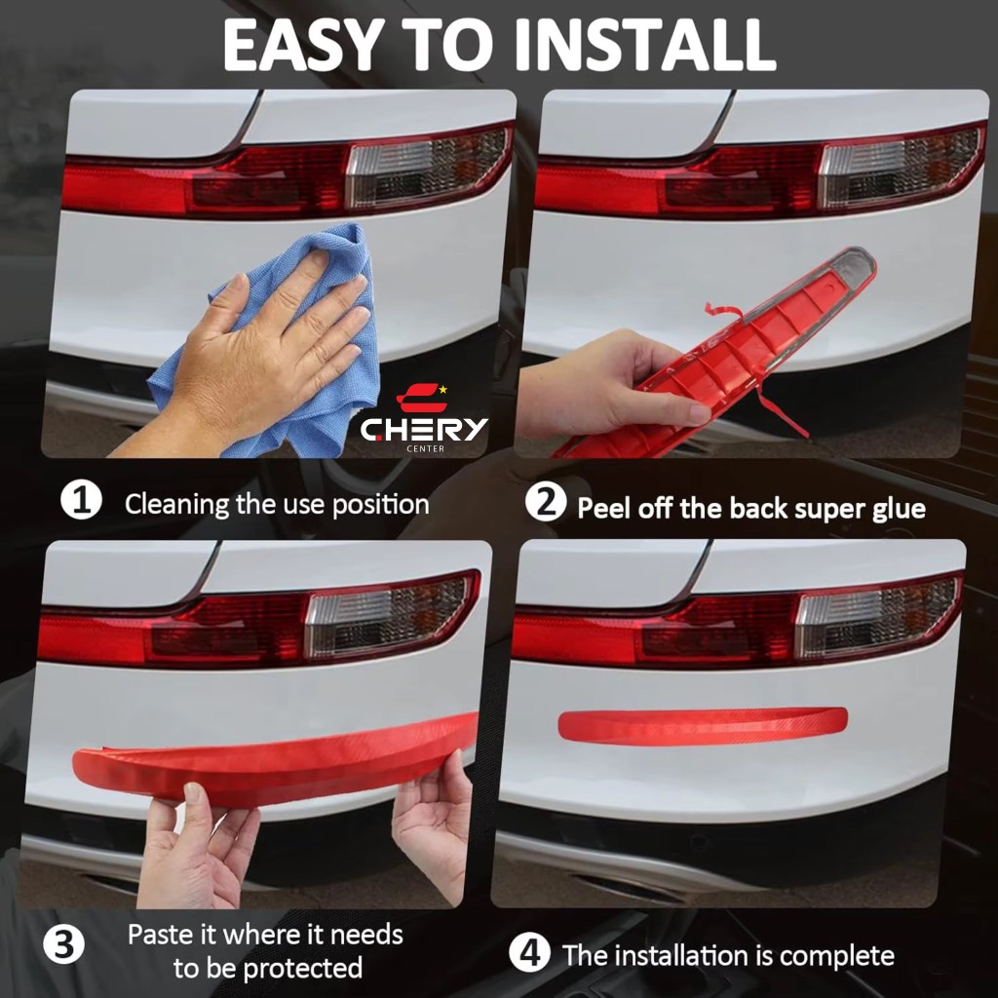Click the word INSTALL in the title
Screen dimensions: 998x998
[644, 45]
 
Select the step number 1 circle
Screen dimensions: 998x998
[82, 500]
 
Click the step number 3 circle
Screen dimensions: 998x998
[63, 944]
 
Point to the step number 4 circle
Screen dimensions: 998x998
[529, 953]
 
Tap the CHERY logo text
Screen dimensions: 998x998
[424, 430]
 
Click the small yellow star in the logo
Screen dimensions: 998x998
[443, 389]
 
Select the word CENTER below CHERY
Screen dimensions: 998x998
[425, 448]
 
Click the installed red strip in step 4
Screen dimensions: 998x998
[703, 725]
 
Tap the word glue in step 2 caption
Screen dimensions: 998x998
[899, 510]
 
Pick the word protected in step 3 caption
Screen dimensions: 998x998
[303, 969]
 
